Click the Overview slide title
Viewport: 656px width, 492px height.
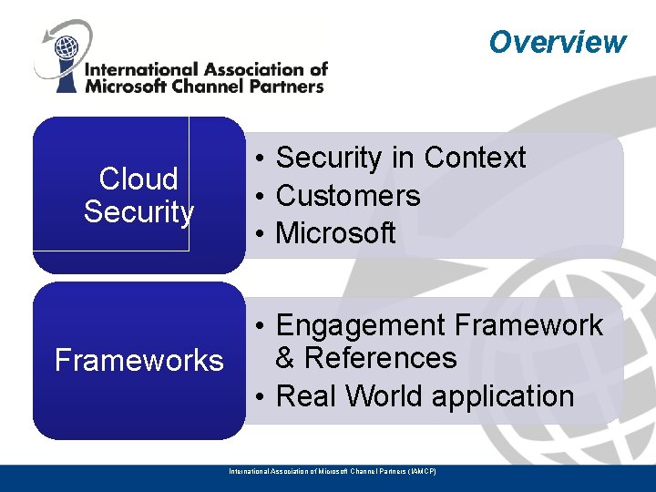tap(557, 42)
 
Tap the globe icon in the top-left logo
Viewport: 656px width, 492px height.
tap(66, 46)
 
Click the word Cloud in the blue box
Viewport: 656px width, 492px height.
tap(138, 179)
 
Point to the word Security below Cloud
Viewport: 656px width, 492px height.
tap(138, 212)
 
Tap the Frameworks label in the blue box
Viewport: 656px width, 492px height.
tap(138, 361)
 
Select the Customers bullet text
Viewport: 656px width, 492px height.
tap(347, 196)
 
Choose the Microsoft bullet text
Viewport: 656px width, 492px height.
tap(335, 233)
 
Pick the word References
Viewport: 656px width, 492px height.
tap(381, 358)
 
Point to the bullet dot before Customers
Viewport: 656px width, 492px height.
tap(261, 197)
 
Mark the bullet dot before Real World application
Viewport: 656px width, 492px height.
tap(261, 397)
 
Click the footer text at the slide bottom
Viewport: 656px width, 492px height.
tap(333, 471)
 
